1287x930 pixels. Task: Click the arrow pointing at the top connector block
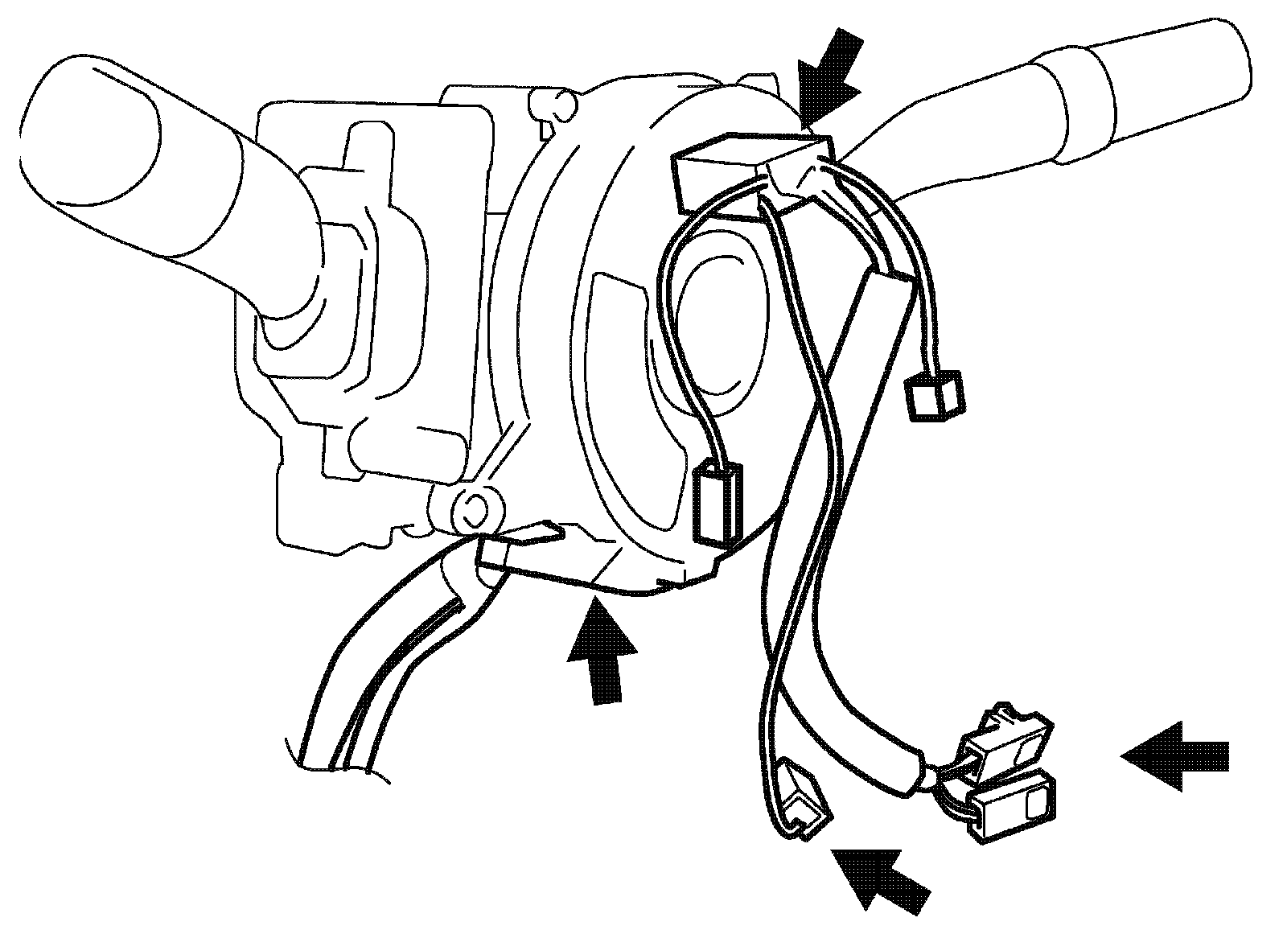pos(829,76)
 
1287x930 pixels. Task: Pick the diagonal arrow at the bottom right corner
pos(881,881)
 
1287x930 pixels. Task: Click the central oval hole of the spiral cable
pos(720,322)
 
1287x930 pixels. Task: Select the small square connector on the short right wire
pos(935,396)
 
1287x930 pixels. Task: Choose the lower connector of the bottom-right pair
pos(1014,809)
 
